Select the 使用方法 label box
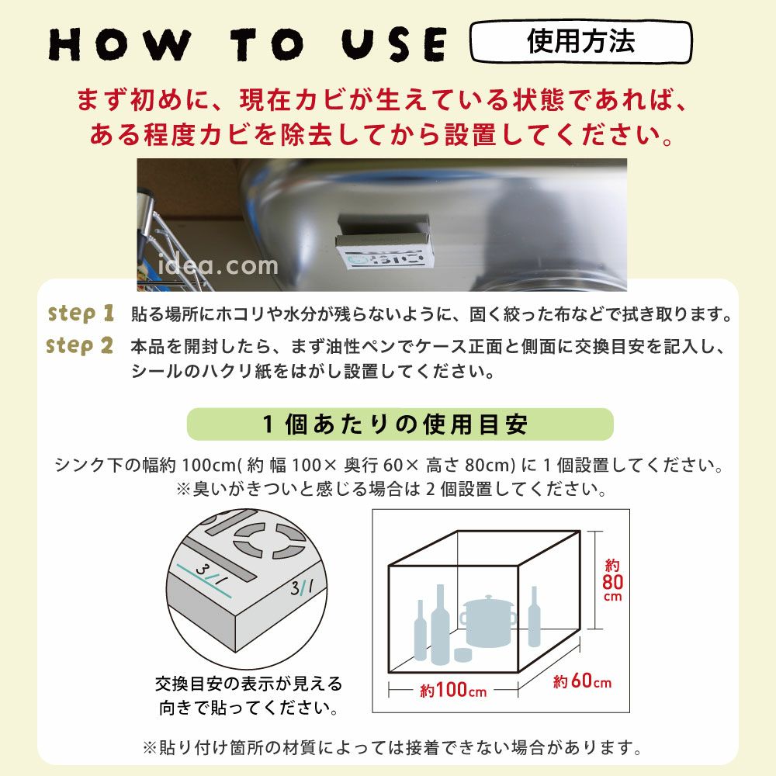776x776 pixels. tap(580, 41)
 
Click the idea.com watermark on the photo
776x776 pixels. tap(218, 266)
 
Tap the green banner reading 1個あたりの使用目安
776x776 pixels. tap(400, 424)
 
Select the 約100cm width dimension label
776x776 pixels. tap(454, 689)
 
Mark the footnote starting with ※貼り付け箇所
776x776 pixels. tap(392, 748)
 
